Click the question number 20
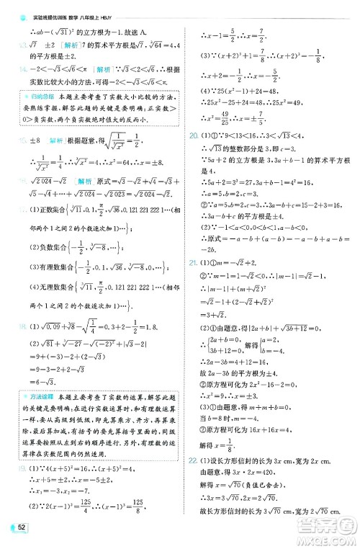193,114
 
